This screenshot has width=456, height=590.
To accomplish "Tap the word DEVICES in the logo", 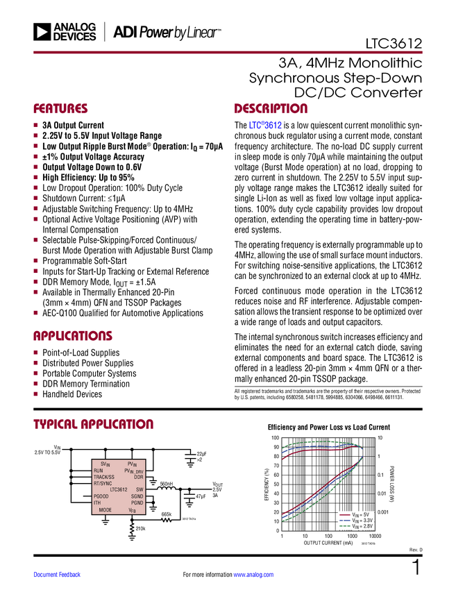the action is (x=75, y=37).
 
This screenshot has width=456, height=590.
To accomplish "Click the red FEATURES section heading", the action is (x=61, y=109).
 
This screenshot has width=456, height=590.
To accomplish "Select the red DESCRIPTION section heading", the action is (x=271, y=109).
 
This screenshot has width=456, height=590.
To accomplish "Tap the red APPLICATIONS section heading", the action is (x=73, y=336).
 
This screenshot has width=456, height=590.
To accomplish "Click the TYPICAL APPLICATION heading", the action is (x=93, y=424).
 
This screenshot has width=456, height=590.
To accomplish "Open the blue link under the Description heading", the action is (x=266, y=126).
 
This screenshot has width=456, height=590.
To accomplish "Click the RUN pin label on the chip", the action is (x=99, y=471).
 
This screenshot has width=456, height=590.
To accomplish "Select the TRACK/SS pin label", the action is (x=104, y=477).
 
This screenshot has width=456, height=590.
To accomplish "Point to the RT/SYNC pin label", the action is (x=103, y=483).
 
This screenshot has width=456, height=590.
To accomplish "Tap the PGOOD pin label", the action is (x=101, y=496).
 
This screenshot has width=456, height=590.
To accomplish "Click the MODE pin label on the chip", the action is (x=105, y=509).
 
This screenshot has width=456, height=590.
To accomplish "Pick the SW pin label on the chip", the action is (x=140, y=489).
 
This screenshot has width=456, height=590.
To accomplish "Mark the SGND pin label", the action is (x=137, y=496).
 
